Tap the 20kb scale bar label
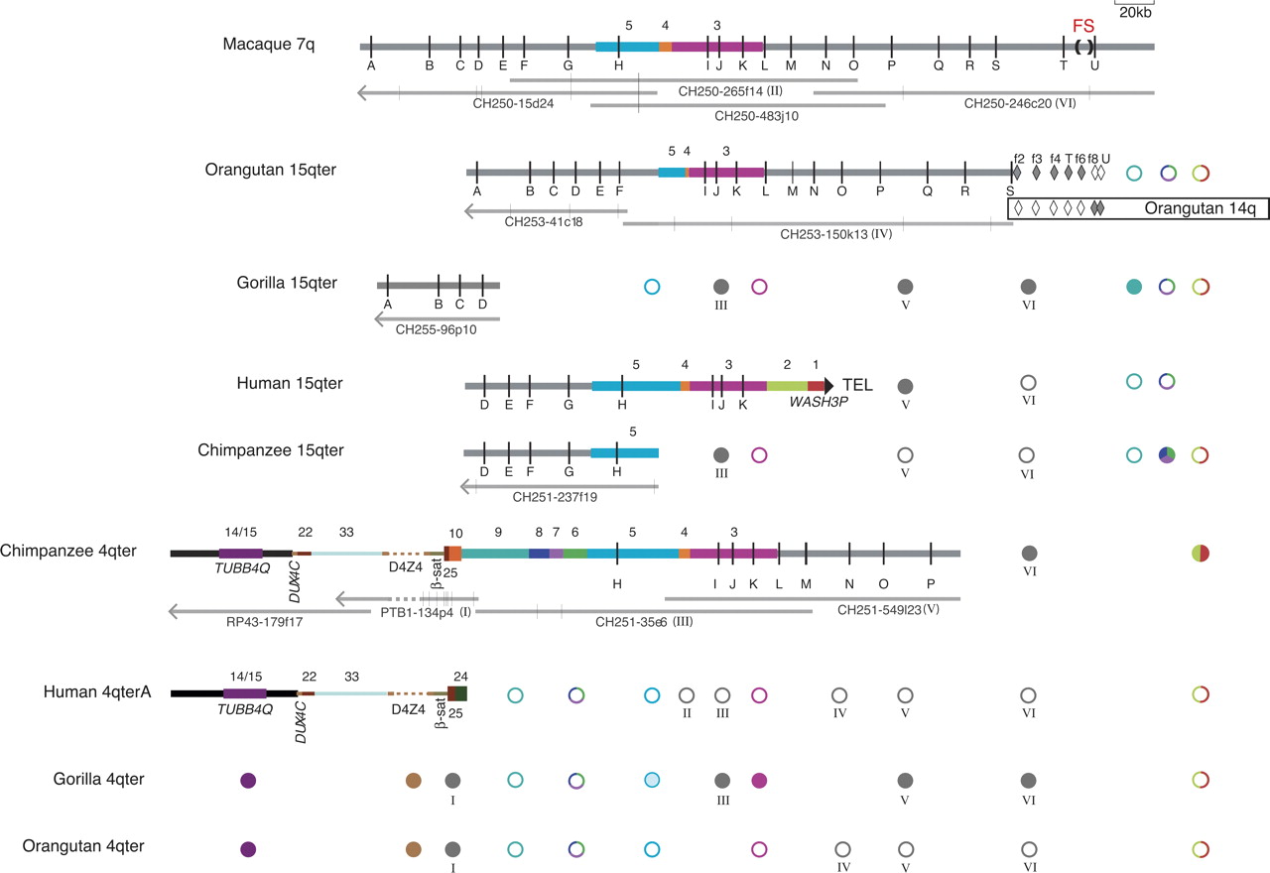[x=1136, y=13]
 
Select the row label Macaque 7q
[x=269, y=45]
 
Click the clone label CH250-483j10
[x=757, y=116]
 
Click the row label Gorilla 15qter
[x=282, y=284]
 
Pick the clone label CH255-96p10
[x=437, y=330]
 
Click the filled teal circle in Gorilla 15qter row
[x=1135, y=287]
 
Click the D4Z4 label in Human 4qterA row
[x=408, y=709]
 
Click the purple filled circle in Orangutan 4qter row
[x=248, y=849]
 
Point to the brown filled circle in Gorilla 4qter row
[x=414, y=781]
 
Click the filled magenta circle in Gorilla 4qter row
[x=759, y=781]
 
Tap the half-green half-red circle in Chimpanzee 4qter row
[x=1201, y=553]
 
